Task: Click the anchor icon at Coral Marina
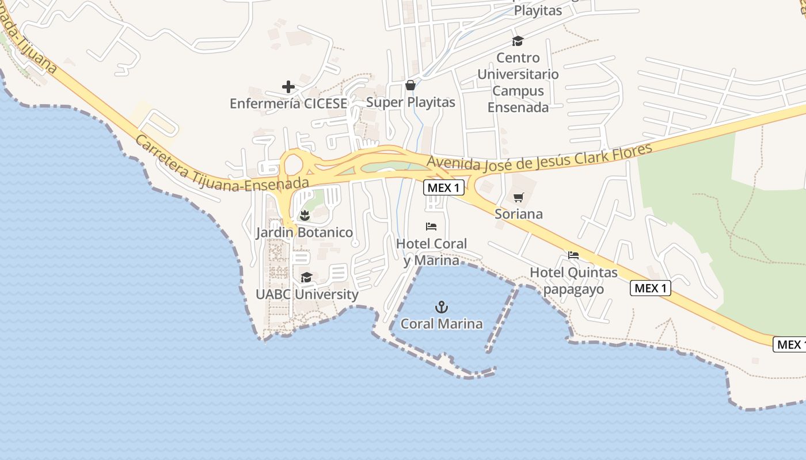click(442, 307)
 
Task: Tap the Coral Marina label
click(442, 324)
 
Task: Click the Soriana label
click(519, 214)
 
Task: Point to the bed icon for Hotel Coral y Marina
click(431, 227)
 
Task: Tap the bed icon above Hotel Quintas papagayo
click(573, 255)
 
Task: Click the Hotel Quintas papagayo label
click(573, 281)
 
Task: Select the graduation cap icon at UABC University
click(306, 278)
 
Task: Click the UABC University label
click(307, 294)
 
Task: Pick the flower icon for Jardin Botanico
click(305, 216)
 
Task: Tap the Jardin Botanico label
click(305, 233)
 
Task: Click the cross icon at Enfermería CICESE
click(288, 87)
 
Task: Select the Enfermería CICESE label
click(288, 103)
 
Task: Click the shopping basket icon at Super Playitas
click(410, 86)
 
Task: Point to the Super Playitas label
click(410, 102)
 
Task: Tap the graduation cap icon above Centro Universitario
click(518, 41)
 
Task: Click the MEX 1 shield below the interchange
click(443, 187)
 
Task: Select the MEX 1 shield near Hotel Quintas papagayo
click(651, 288)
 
